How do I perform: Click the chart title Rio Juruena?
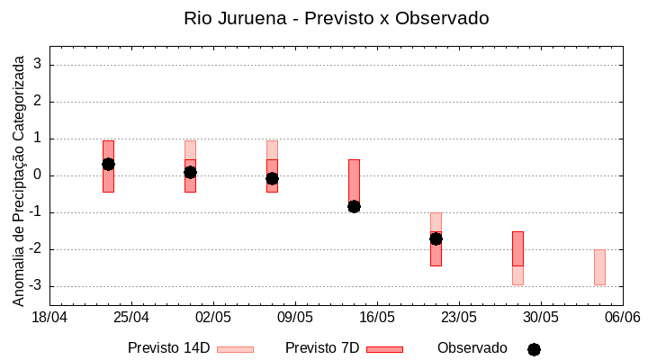tap(336, 18)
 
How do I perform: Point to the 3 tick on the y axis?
tap(38, 65)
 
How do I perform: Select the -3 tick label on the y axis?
tap(35, 286)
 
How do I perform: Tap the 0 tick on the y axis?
tap(38, 175)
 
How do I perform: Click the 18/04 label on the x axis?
tap(49, 318)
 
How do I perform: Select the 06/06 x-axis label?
tap(622, 318)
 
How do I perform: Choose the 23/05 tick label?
tap(459, 318)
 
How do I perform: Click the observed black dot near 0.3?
tap(108, 164)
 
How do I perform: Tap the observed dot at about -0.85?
tap(354, 206)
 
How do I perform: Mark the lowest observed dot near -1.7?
tap(436, 238)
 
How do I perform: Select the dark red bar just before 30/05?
tap(517, 248)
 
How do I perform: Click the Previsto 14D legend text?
tap(168, 348)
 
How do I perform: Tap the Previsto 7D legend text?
tap(321, 348)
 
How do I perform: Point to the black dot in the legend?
tap(534, 349)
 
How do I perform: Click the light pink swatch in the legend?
tap(235, 349)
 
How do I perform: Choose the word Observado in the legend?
tap(472, 348)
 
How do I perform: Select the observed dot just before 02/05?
tap(190, 172)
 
